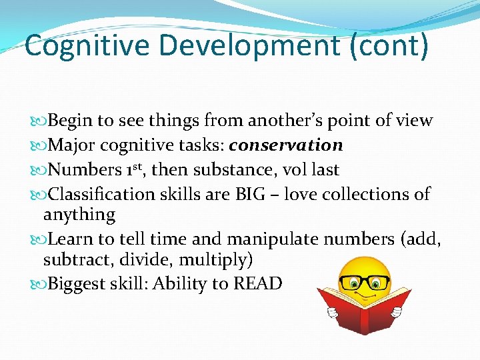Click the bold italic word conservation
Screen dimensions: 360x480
[x=286, y=145]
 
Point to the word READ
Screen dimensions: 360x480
[x=258, y=284]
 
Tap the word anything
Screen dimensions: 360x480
[x=79, y=215]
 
